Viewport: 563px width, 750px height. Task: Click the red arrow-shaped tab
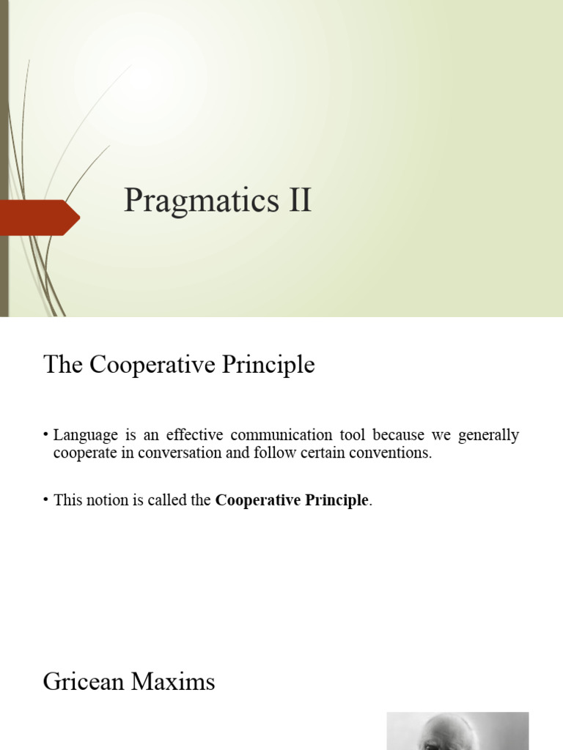pyautogui.click(x=40, y=217)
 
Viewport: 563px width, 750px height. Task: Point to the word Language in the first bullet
pyautogui.click(x=84, y=436)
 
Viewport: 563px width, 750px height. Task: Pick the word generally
pyautogui.click(x=488, y=436)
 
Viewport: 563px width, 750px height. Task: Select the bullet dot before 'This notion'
pyautogui.click(x=46, y=500)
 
